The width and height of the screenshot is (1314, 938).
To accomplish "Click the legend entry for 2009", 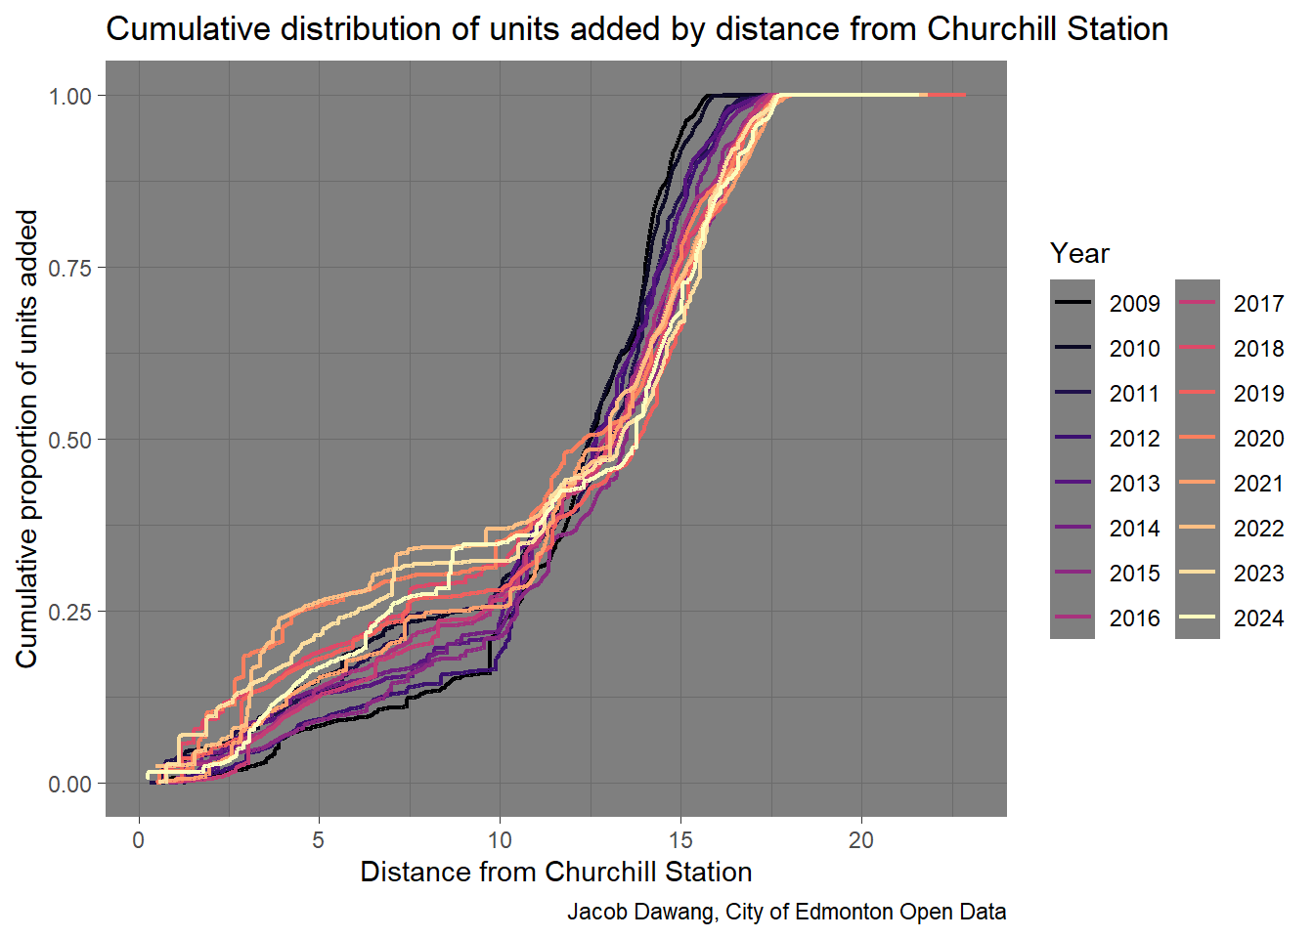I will (1134, 304).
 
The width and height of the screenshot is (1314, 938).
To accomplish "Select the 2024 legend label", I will (1258, 618).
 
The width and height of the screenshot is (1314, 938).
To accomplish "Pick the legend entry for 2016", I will (1134, 618).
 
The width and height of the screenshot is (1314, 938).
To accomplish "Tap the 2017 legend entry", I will (1258, 304).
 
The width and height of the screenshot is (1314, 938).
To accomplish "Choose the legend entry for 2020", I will (1258, 439).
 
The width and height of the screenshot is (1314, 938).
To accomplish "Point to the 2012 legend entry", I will (1134, 439).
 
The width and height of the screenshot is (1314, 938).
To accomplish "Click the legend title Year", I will (1079, 254).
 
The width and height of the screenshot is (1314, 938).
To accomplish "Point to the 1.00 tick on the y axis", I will (70, 96).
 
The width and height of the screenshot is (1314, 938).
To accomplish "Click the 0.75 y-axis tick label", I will (70, 268).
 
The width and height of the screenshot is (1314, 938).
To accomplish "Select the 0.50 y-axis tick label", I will (70, 440).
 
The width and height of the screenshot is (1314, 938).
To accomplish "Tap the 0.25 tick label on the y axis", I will (70, 612).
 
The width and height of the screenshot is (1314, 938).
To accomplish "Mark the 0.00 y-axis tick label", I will (70, 784).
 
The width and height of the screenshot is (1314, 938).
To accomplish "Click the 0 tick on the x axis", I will (139, 840).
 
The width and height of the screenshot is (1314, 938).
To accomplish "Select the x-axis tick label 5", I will (319, 840).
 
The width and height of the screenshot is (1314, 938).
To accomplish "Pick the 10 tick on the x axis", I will (500, 840).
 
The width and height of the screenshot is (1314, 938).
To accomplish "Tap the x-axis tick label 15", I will (680, 840).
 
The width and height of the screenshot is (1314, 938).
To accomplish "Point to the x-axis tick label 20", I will (861, 840).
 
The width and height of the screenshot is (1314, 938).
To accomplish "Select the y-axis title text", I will (27, 439).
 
